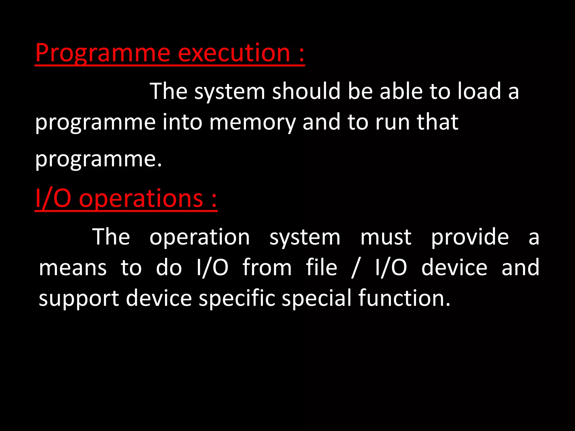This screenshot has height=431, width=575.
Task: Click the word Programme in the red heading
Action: point(102,53)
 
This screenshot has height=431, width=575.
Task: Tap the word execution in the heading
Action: point(234,53)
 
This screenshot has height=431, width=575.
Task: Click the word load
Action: point(479,91)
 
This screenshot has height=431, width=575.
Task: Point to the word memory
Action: point(252,123)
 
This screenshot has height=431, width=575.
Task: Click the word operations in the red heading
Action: point(141,199)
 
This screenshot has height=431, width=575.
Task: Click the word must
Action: point(386,237)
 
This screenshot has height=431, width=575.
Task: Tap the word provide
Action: point(470,237)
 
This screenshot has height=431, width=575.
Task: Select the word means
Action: point(73,268)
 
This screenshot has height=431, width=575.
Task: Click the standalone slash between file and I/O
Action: point(355,268)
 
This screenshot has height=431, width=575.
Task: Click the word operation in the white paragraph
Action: point(199,237)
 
